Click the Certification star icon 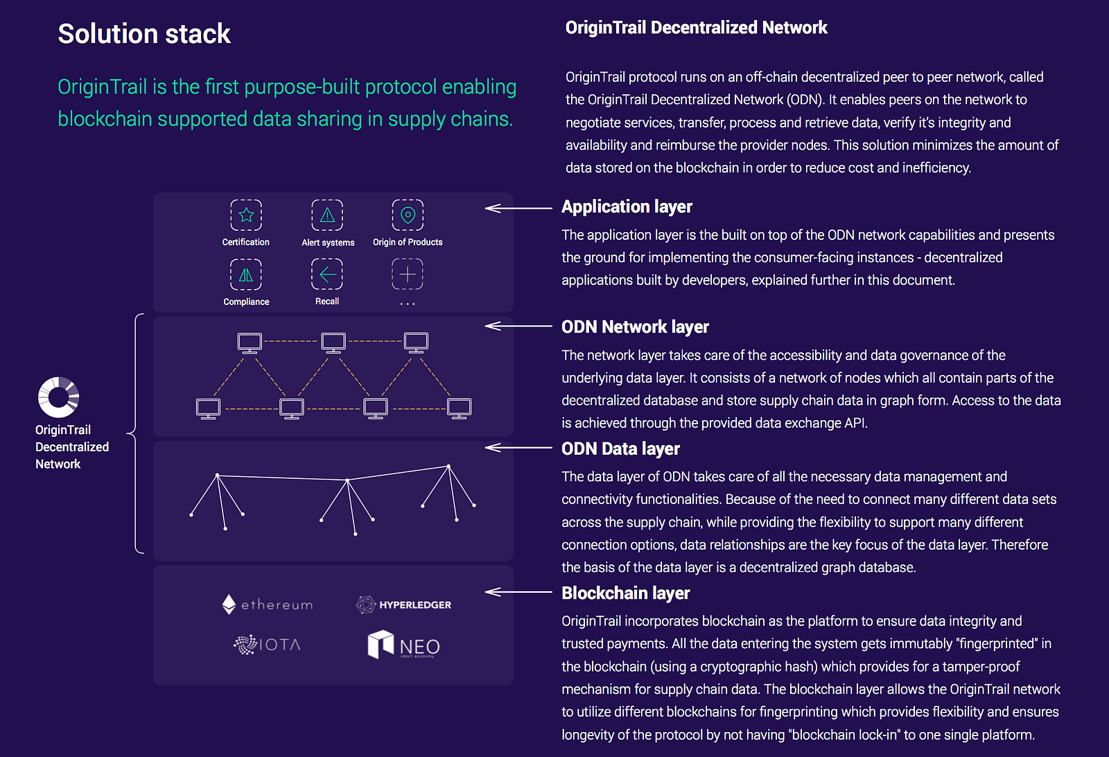click(x=246, y=215)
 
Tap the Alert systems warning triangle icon click(x=327, y=215)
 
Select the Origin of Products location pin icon click(x=408, y=215)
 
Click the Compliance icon click(x=246, y=275)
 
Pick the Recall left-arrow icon click(x=327, y=275)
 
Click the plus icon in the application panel click(x=408, y=275)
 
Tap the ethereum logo click(x=268, y=604)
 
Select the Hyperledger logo click(x=403, y=604)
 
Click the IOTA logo click(x=267, y=645)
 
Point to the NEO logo click(x=403, y=645)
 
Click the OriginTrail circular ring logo click(x=58, y=397)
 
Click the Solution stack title click(x=144, y=34)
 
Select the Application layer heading click(x=627, y=207)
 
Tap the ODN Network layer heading click(x=635, y=327)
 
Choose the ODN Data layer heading click(x=620, y=449)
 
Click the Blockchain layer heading click(x=625, y=593)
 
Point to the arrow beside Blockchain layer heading click(x=518, y=592)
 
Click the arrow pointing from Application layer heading click(x=518, y=208)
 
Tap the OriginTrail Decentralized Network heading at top click(x=696, y=28)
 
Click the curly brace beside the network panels click(x=137, y=434)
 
